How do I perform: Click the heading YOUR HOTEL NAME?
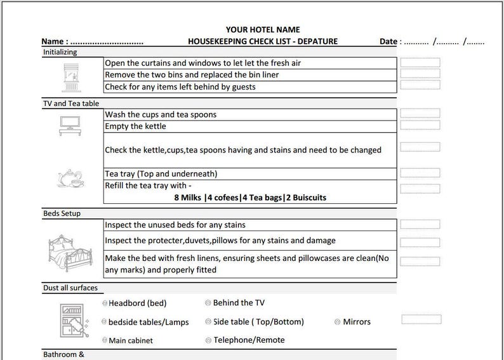[263, 29]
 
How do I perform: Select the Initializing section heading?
[60, 52]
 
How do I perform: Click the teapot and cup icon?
[70, 178]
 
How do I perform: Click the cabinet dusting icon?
[69, 320]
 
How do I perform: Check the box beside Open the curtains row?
[420, 63]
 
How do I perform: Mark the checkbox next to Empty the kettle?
[420, 125]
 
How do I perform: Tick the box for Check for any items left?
[420, 86]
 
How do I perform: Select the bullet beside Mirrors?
[337, 322]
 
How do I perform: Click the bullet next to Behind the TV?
[208, 303]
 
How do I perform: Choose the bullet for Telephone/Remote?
[208, 340]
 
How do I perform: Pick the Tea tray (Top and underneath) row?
[161, 174]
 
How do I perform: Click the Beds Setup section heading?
[62, 213]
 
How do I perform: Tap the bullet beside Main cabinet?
[105, 341]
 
